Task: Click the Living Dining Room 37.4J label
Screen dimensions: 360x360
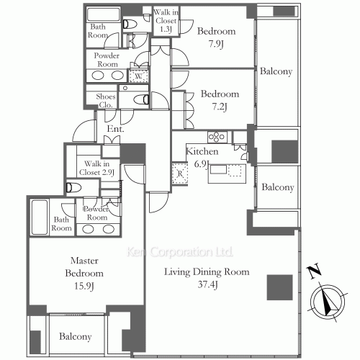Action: click(x=207, y=278)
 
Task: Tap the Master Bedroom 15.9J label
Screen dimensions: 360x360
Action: click(x=84, y=274)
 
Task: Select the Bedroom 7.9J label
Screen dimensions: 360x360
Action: click(x=216, y=37)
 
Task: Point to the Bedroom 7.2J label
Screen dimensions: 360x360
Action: click(x=220, y=100)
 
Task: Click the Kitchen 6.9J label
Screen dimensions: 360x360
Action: click(x=202, y=158)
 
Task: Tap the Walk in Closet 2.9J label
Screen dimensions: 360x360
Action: click(x=96, y=168)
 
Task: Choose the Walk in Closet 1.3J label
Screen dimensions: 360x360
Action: click(x=166, y=21)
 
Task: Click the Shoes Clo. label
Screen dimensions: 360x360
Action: click(x=106, y=101)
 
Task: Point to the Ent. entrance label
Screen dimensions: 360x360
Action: click(x=115, y=129)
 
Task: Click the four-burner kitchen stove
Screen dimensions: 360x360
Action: click(x=217, y=137)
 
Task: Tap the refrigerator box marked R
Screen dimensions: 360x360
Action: click(x=180, y=174)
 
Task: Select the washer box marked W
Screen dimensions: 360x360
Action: click(x=138, y=76)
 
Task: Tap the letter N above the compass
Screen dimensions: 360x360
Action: click(x=315, y=271)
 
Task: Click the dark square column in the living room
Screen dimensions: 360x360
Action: click(x=280, y=287)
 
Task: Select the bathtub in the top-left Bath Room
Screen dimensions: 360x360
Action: click(x=104, y=14)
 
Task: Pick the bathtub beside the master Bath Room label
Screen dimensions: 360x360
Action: click(x=40, y=217)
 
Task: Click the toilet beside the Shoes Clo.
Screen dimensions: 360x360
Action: click(x=141, y=99)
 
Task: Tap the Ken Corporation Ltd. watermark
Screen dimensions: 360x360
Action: click(x=180, y=252)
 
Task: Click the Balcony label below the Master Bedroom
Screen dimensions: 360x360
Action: click(x=76, y=336)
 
